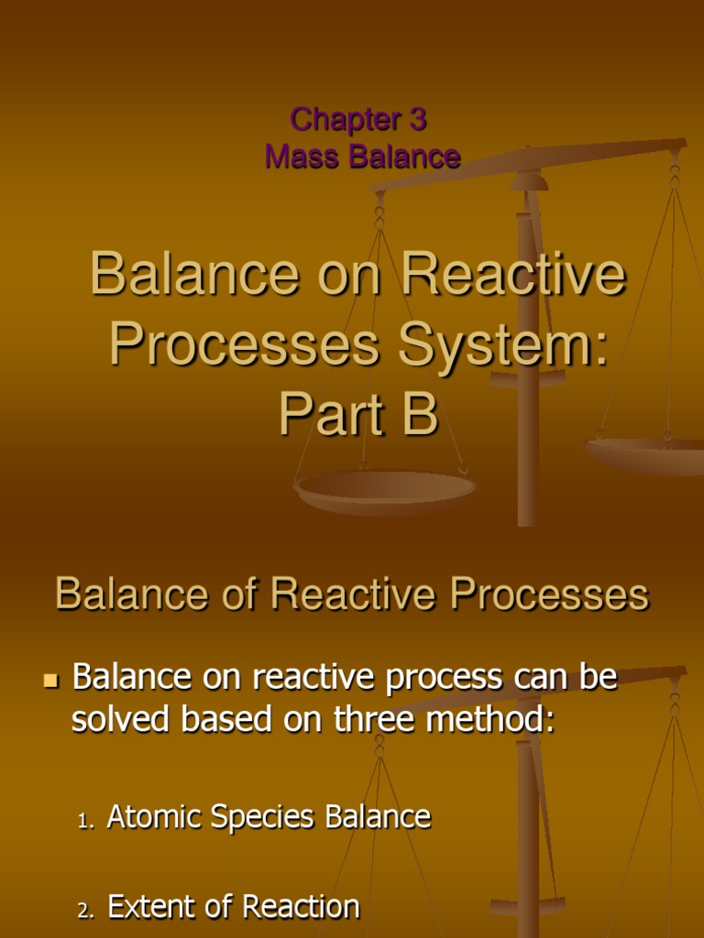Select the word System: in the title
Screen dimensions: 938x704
(501, 345)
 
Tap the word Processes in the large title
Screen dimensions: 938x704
(244, 345)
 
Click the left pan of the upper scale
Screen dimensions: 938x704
(385, 489)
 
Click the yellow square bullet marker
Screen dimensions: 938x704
(51, 681)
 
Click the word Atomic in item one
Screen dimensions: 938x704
(154, 817)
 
